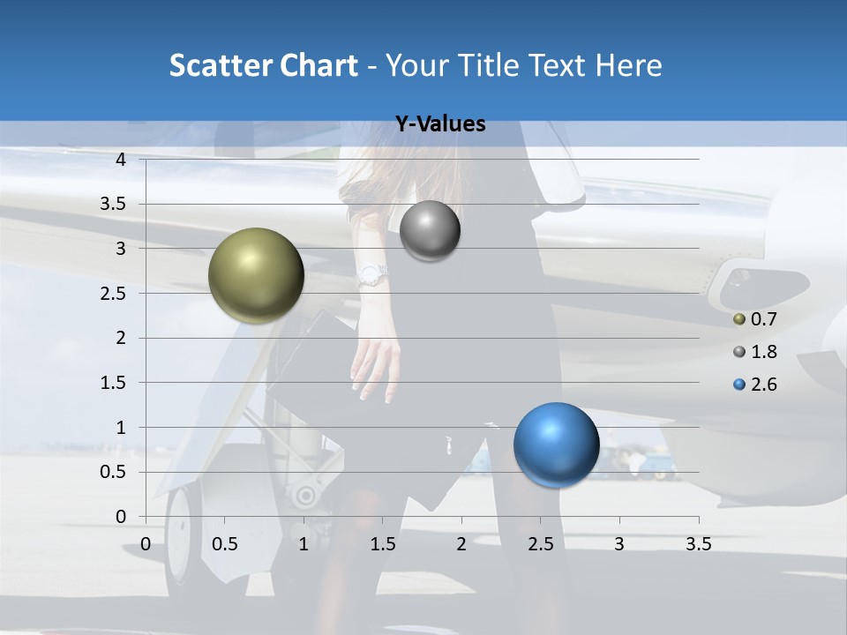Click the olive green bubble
tap(256, 275)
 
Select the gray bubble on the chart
tap(430, 231)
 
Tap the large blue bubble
tap(556, 444)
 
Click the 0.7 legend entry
tap(755, 319)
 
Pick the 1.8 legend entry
tap(755, 352)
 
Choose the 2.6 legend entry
tap(755, 385)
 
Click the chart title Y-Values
tap(439, 124)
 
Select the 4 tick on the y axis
tap(121, 160)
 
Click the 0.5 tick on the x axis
tap(225, 544)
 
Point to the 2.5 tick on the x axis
tap(541, 544)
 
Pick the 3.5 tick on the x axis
tap(698, 544)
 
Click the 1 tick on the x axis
tap(304, 544)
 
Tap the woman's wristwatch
tap(372, 275)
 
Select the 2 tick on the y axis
tap(121, 338)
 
